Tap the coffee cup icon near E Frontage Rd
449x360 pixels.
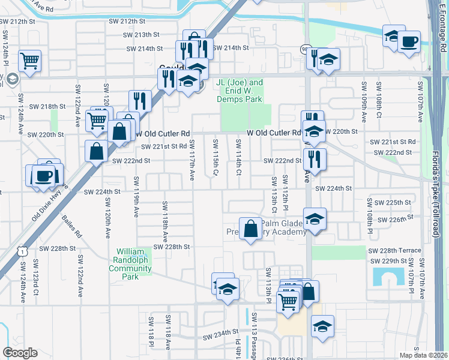pos(409,41)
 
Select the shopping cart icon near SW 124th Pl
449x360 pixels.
pos(29,60)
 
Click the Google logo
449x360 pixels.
pos(20,353)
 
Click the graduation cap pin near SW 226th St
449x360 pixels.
pos(315,219)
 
